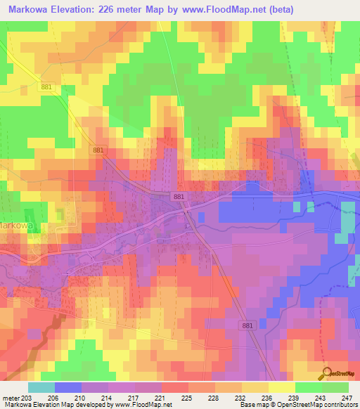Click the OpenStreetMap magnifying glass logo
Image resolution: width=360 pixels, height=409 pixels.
click(325, 373)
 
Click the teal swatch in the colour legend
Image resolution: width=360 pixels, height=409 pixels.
click(41, 387)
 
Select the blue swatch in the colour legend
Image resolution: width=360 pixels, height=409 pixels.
click(68, 387)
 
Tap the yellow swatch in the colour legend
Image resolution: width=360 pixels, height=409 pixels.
click(281, 387)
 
